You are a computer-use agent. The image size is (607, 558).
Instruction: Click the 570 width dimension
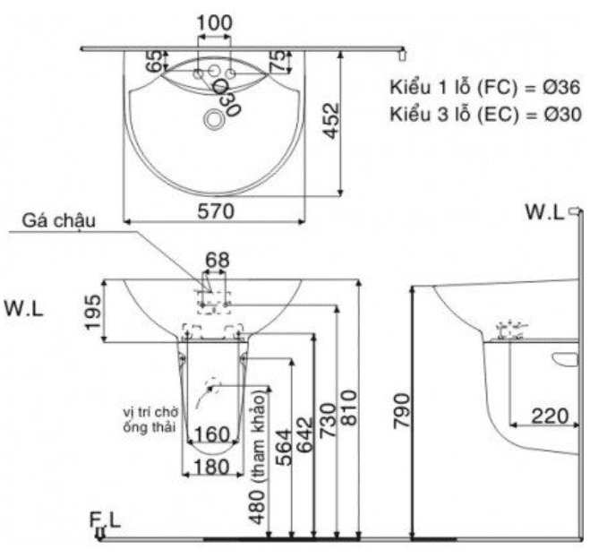216,211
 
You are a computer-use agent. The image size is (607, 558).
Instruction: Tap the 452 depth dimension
332,120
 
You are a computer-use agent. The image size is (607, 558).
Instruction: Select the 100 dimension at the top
215,22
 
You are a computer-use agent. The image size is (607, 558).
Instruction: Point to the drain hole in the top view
214,119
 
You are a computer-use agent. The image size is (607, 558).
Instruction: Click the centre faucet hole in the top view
214,71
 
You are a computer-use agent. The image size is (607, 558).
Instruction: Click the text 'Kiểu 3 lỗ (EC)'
454,115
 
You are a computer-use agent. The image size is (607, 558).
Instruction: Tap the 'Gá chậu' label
59,221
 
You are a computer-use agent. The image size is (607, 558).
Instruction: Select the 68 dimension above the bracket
218,260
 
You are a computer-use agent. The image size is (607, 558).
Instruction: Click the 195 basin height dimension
93,313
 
